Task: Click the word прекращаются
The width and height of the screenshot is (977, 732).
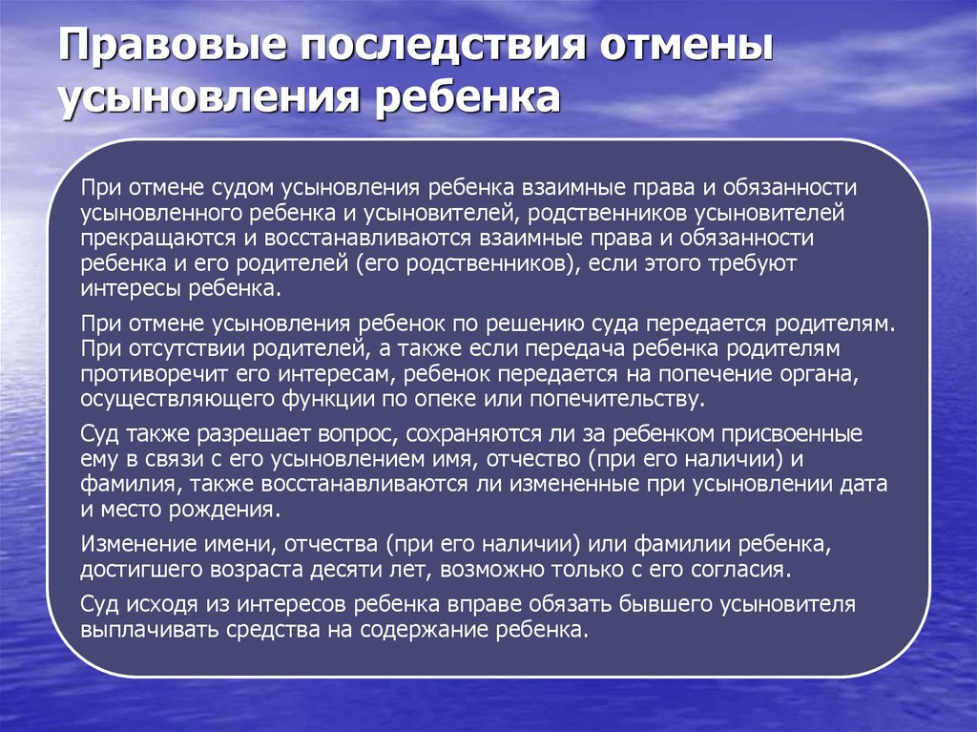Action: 158,240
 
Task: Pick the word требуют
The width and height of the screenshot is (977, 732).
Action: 753,263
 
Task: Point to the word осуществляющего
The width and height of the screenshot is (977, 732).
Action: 177,399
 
